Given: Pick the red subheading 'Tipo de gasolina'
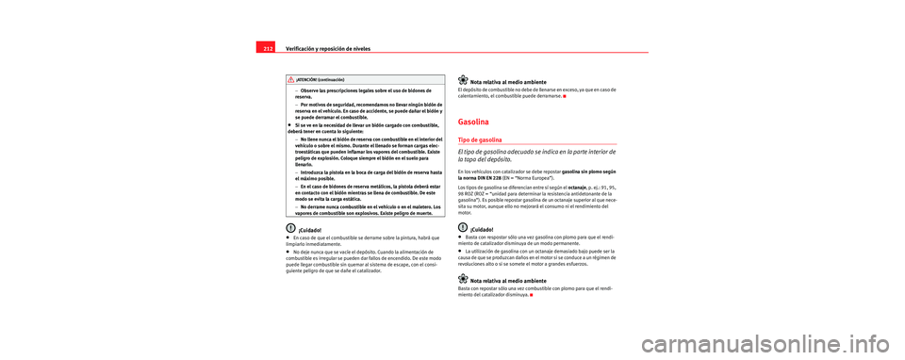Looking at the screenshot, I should pyautogui.click(x=488, y=139).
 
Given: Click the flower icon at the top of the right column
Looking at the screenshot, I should pyautogui.click(x=464, y=78).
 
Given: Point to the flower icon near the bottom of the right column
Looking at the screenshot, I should pyautogui.click(x=464, y=280).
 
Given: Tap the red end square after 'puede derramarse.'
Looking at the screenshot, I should pyautogui.click(x=565, y=96).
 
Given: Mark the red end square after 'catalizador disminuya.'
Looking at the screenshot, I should pyautogui.click(x=532, y=296).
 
